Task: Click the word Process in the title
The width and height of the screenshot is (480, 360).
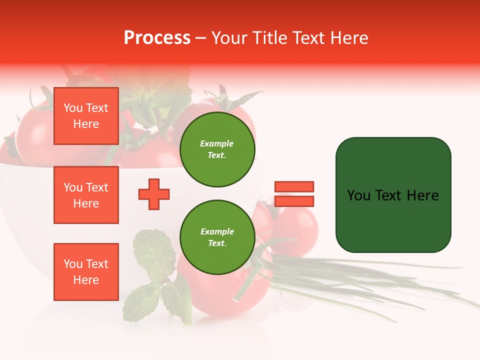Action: pos(157,38)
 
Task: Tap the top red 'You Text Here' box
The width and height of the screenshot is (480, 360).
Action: pos(86,116)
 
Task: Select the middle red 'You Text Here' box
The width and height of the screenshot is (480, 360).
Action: pos(86,195)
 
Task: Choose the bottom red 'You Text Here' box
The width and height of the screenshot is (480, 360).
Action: pos(86,271)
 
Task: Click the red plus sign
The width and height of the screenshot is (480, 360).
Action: pos(154,194)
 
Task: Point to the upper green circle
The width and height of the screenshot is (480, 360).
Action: pos(217,149)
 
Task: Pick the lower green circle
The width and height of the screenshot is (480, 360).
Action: pos(217,237)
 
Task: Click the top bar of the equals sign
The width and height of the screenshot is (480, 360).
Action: pos(294,186)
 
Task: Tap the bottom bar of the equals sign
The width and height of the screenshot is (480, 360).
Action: pos(294,201)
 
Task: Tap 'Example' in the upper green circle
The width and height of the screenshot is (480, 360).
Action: pos(216,143)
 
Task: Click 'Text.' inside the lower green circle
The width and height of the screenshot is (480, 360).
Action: pos(217,243)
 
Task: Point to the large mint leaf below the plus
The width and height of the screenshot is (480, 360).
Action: pos(152,250)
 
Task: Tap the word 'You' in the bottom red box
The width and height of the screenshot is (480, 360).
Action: pos(73,264)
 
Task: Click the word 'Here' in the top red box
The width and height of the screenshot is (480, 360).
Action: pos(86,124)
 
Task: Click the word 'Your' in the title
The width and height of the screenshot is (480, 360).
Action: pos(230,38)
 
